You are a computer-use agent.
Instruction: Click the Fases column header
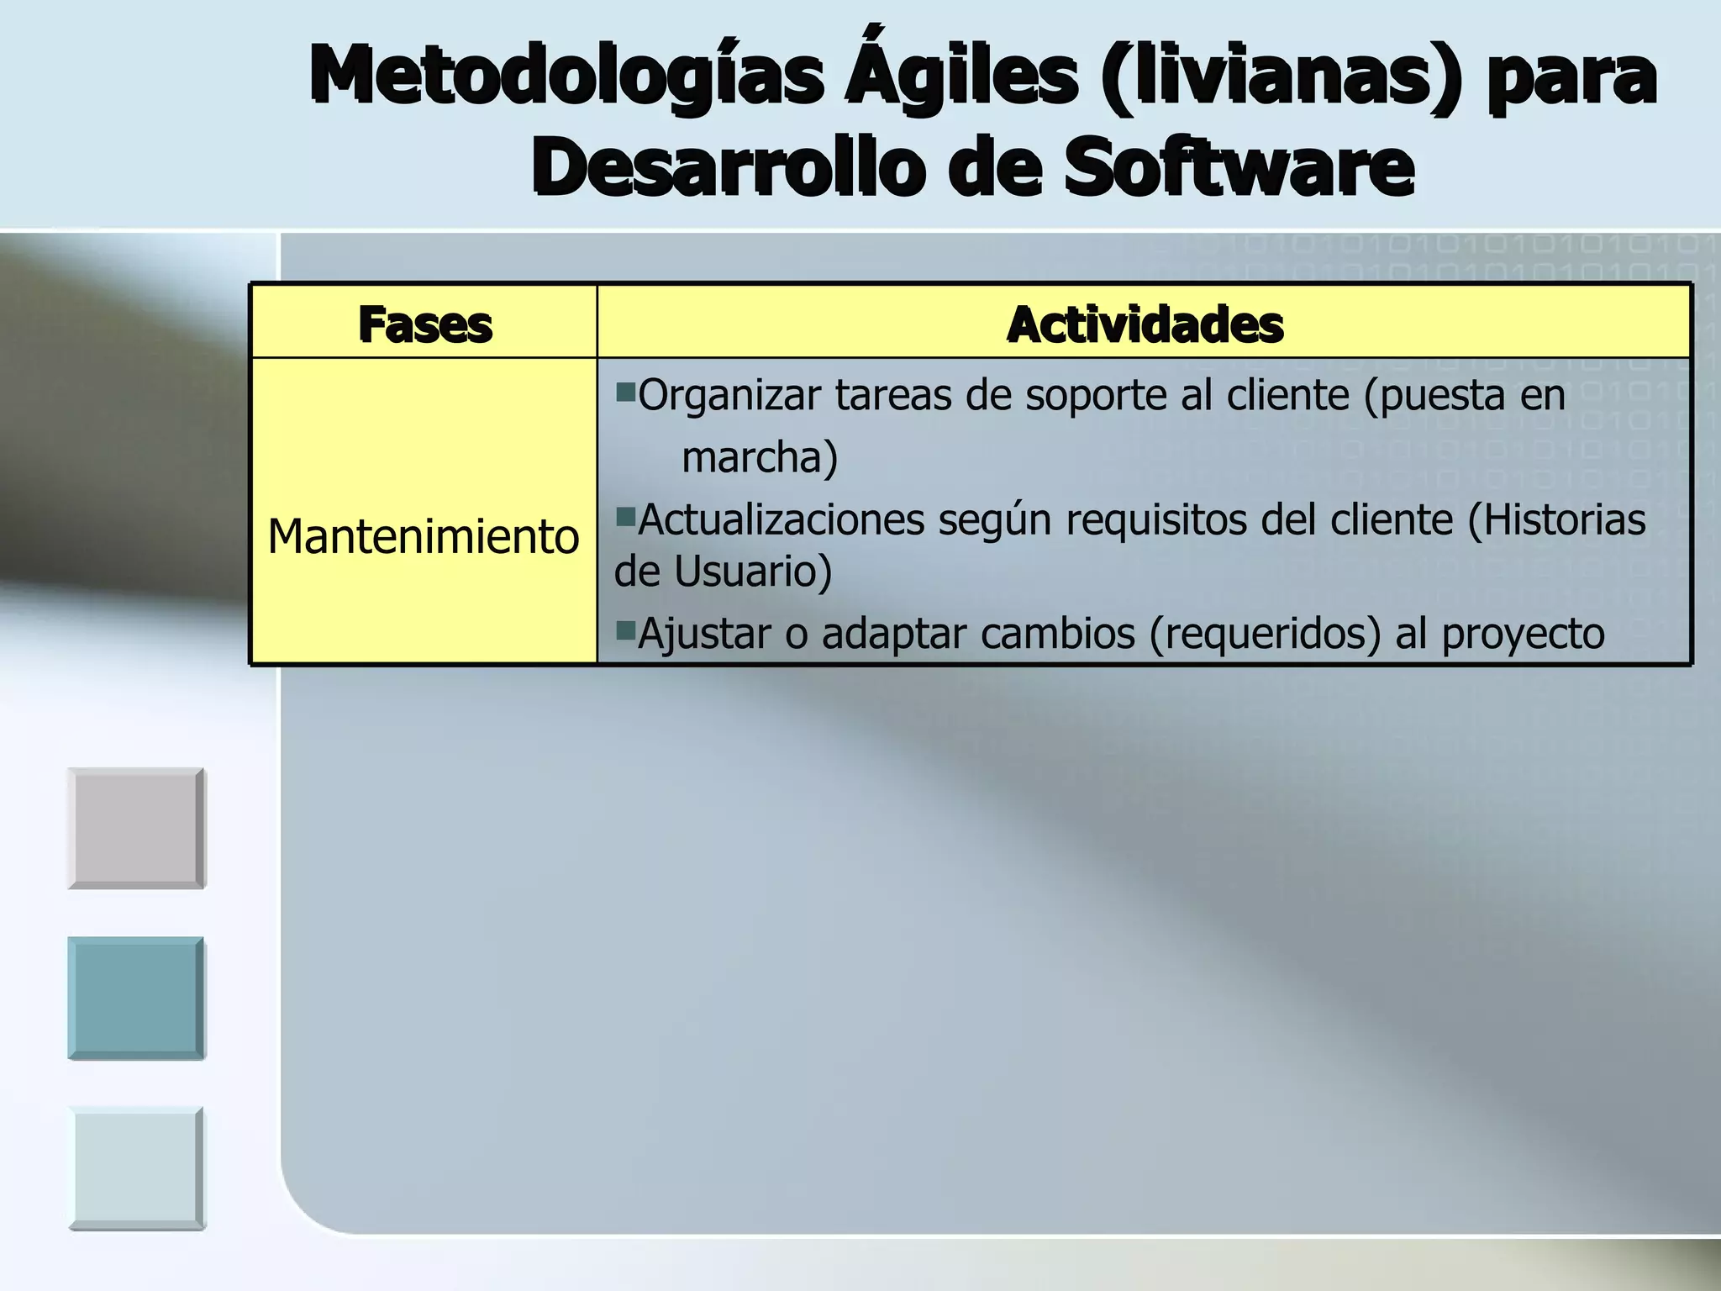click(425, 325)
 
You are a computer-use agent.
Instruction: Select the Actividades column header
click(1145, 325)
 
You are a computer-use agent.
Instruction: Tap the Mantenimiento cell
click(424, 536)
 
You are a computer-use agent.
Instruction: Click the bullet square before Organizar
click(625, 392)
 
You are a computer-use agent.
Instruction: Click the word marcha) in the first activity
click(760, 458)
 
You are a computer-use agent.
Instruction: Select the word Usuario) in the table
click(753, 572)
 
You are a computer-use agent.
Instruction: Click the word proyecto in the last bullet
click(1523, 634)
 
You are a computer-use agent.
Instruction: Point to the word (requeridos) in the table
click(1265, 634)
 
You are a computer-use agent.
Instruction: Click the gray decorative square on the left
click(136, 829)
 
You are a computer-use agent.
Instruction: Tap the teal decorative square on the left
click(136, 999)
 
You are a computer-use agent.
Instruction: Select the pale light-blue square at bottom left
click(136, 1168)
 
